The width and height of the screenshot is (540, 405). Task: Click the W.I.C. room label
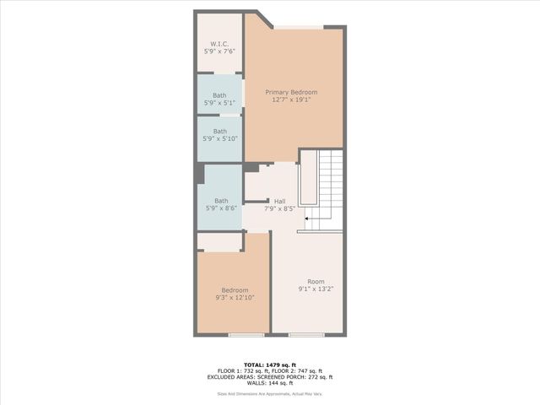220,44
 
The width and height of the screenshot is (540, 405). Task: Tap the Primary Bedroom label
294,92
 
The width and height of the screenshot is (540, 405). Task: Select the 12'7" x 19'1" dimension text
294,100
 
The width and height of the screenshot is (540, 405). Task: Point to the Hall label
280,201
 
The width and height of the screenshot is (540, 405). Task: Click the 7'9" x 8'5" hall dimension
280,208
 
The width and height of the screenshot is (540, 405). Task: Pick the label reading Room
316,282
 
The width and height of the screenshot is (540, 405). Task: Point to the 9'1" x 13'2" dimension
316,289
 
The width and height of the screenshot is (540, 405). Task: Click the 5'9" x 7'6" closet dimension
220,51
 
